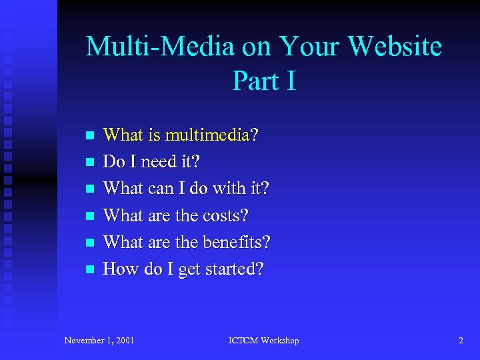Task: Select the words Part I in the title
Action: (264, 81)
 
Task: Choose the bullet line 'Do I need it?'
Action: (151, 162)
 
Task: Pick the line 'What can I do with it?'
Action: (186, 189)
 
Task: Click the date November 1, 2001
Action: (99, 341)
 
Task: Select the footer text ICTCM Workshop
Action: (263, 341)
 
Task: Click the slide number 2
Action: (461, 341)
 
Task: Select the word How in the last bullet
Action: (120, 269)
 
